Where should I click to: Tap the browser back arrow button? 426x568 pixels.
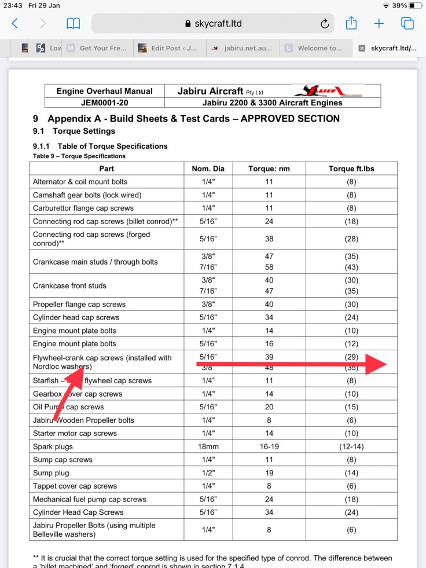(x=15, y=24)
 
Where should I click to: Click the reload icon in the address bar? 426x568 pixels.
(x=325, y=24)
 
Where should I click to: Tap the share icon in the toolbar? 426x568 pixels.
(x=351, y=24)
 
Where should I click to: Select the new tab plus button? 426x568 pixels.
(x=379, y=24)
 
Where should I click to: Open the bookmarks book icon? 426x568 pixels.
(x=73, y=24)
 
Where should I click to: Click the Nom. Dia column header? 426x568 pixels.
(x=208, y=168)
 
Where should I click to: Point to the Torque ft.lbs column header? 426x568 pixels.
(x=351, y=168)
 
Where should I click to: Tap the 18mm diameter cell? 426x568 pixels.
(x=208, y=446)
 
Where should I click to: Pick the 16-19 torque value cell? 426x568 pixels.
(x=269, y=446)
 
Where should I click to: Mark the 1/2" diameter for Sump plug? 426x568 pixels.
(x=208, y=473)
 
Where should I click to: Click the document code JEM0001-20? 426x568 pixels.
(x=105, y=102)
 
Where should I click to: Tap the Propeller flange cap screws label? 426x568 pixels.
(x=79, y=304)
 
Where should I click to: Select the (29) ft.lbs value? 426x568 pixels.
(x=351, y=357)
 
